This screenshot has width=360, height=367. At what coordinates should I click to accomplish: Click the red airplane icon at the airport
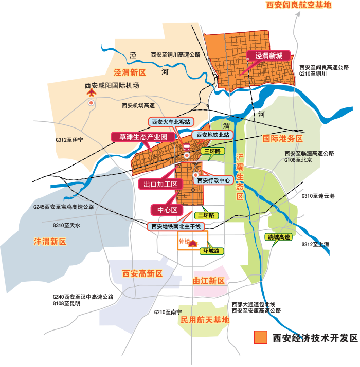[x=91, y=93]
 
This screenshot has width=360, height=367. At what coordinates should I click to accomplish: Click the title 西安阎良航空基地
[x=298, y=5]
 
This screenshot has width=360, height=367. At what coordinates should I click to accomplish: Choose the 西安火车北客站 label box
[x=171, y=122]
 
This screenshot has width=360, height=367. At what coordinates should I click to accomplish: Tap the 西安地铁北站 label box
[x=213, y=135]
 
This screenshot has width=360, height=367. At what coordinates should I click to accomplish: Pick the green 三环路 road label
[x=211, y=151]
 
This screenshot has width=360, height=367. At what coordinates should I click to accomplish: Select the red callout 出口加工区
[x=160, y=184]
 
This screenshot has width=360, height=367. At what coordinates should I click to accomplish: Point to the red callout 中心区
[x=167, y=210]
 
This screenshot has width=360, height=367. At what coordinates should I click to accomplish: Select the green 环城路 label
[x=211, y=251]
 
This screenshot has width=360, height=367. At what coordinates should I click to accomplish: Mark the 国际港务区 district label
[x=283, y=139]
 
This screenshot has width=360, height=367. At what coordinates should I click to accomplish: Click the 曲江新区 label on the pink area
[x=209, y=281]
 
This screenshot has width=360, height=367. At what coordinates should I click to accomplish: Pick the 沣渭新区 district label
[x=50, y=241]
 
